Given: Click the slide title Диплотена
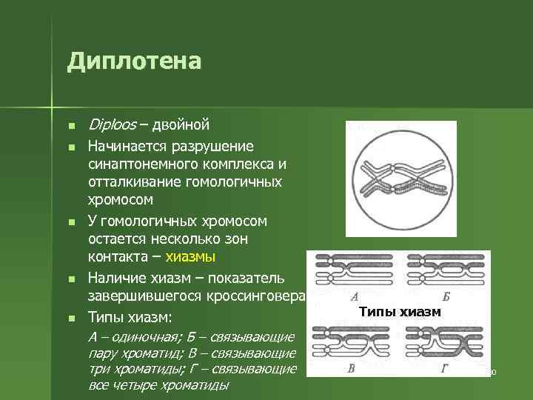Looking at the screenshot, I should pyautogui.click(x=134, y=61).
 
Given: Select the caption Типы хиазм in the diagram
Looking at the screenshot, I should pyautogui.click(x=399, y=312).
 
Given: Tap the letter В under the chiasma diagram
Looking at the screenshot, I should pyautogui.click(x=352, y=368).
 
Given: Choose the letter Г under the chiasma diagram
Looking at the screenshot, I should pyautogui.click(x=443, y=368).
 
